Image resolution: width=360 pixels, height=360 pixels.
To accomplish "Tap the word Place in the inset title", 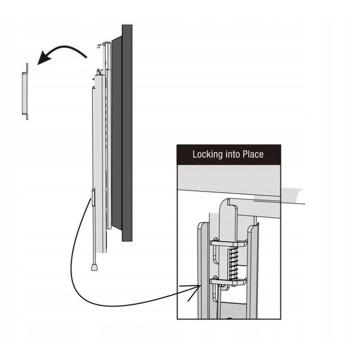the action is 253,154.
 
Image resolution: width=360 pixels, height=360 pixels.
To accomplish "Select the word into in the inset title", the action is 233,154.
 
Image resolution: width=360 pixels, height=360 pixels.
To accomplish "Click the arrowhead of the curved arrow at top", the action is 45,58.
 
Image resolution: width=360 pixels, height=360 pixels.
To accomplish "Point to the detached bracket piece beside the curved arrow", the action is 25,91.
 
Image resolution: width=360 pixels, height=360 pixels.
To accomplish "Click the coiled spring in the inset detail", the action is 233,264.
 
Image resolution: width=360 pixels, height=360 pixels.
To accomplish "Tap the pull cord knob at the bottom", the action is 94,267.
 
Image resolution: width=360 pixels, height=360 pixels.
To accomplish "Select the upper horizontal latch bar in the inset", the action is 228,243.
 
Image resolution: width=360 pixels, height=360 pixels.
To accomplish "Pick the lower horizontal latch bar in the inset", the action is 228,281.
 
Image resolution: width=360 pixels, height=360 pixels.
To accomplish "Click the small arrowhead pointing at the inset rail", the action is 194,289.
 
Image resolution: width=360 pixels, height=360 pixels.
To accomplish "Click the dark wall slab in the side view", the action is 127,133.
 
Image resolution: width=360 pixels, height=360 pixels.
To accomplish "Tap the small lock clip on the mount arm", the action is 93,197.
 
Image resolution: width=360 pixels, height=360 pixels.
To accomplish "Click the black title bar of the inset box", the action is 228,154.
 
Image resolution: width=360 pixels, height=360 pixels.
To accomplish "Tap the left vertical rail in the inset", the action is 203,270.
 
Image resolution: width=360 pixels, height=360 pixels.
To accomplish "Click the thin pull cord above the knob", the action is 94,234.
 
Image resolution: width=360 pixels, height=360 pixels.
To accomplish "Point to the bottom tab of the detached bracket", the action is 26,116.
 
